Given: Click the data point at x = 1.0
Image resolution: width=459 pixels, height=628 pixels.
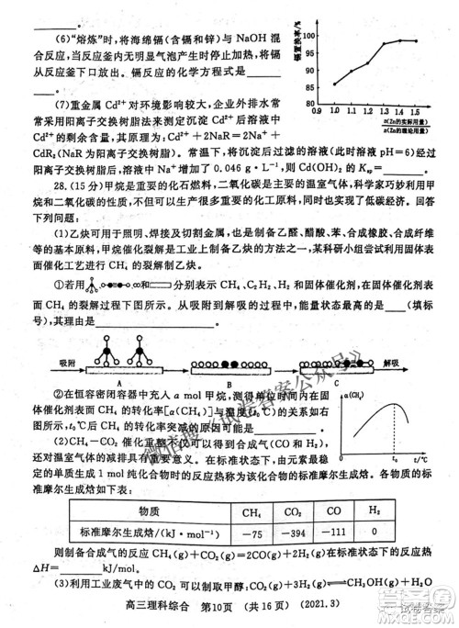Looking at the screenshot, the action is coord(335,84).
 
